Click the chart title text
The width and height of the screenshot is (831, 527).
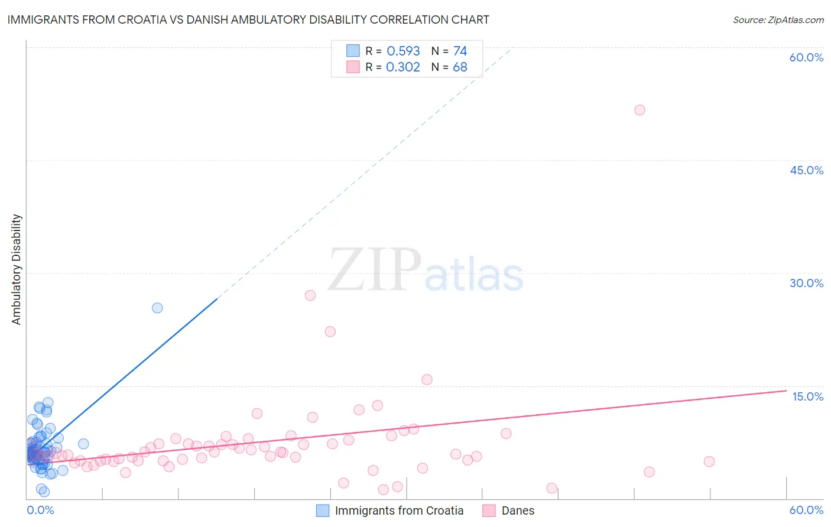pyautogui.click(x=248, y=19)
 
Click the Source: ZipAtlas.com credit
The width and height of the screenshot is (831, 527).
pyautogui.click(x=778, y=19)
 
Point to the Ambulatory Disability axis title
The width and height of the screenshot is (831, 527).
pyautogui.click(x=17, y=269)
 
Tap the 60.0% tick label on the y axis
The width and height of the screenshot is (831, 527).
pyautogui.click(x=806, y=57)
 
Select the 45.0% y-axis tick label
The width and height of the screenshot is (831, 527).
pyautogui.click(x=806, y=170)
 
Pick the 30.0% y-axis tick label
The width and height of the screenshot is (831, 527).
pyautogui.click(x=806, y=283)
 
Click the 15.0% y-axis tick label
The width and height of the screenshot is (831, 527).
pyautogui.click(x=807, y=396)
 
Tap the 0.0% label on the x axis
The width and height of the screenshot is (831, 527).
pyautogui.click(x=40, y=510)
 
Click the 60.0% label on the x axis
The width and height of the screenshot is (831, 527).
pyautogui.click(x=806, y=510)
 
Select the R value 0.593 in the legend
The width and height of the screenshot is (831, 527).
pyautogui.click(x=403, y=51)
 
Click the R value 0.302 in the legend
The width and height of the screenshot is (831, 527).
pyautogui.click(x=403, y=67)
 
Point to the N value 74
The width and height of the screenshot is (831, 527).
pyautogui.click(x=460, y=51)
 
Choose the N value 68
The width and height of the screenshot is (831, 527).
pyautogui.click(x=460, y=67)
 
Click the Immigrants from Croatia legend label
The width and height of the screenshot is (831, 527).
pyautogui.click(x=399, y=510)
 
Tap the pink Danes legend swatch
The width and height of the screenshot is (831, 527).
pyautogui.click(x=489, y=510)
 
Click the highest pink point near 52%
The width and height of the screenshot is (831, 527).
pyautogui.click(x=640, y=110)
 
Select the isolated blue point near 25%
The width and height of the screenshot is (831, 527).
pyautogui.click(x=157, y=308)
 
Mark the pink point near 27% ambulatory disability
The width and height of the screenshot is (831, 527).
pyautogui.click(x=310, y=295)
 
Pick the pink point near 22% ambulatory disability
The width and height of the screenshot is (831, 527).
pyautogui.click(x=330, y=331)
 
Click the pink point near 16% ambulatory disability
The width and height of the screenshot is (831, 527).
pyautogui.click(x=427, y=380)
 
